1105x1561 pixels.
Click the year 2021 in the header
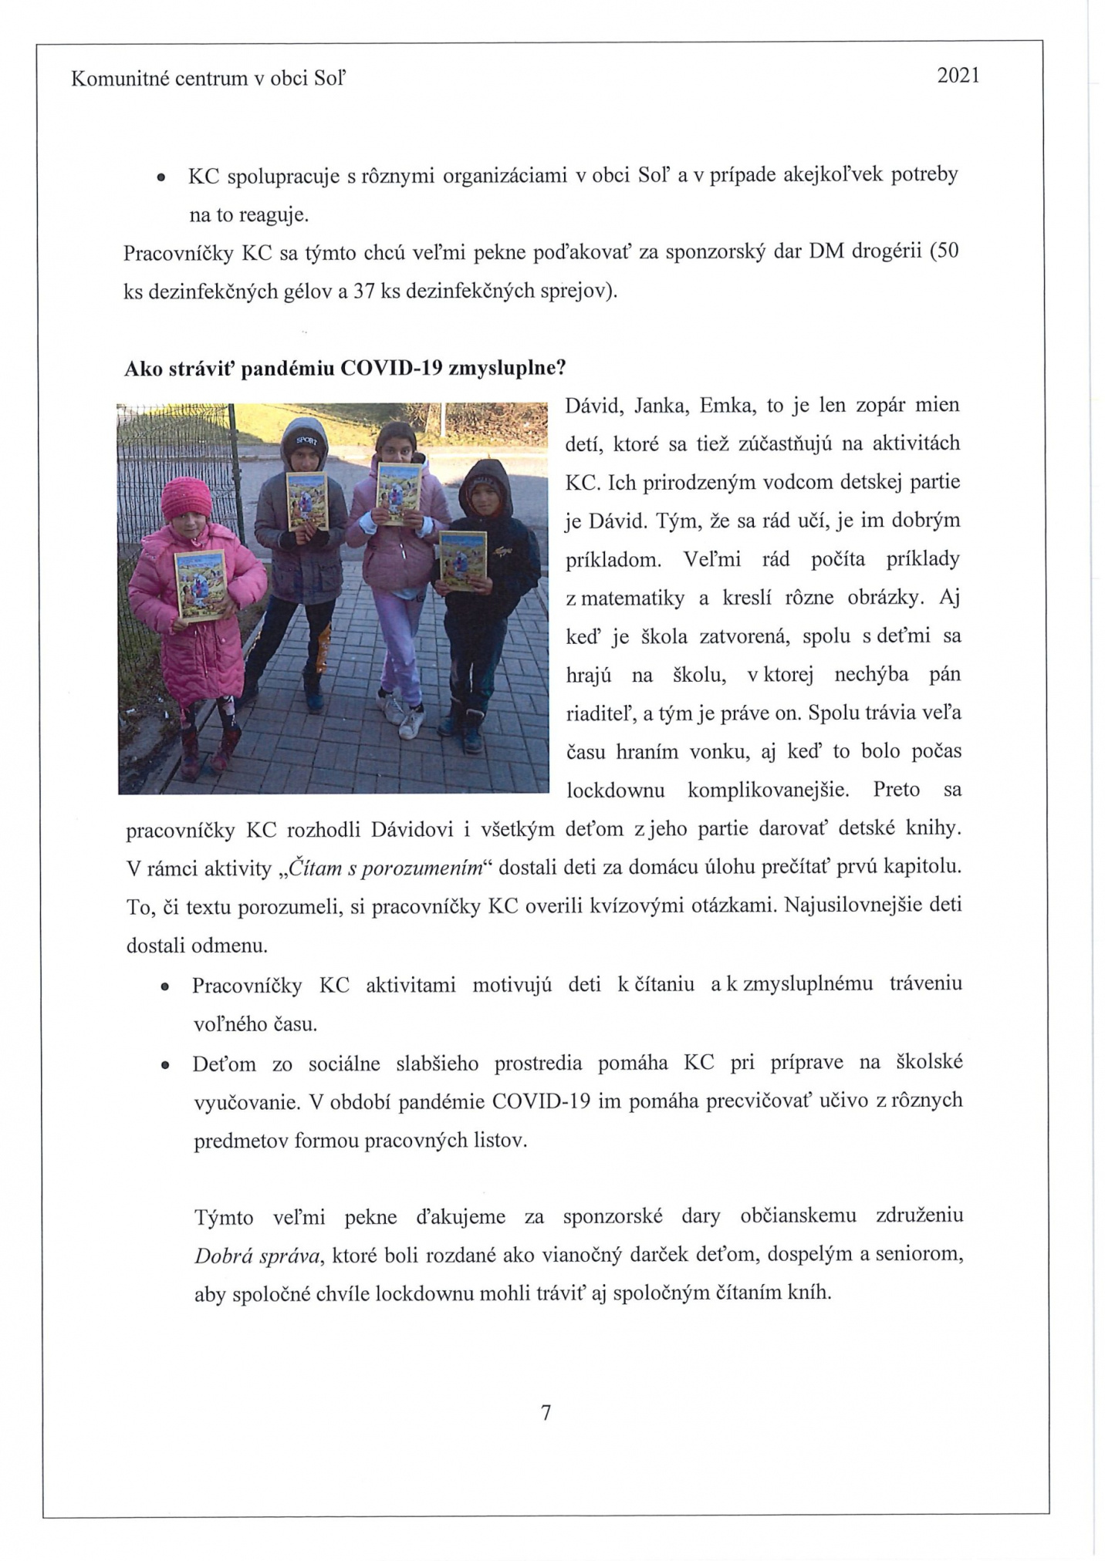(x=958, y=76)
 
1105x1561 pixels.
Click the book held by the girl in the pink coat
(x=200, y=584)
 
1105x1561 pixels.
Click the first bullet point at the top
(x=161, y=177)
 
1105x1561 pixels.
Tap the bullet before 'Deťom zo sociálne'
(x=164, y=1065)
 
